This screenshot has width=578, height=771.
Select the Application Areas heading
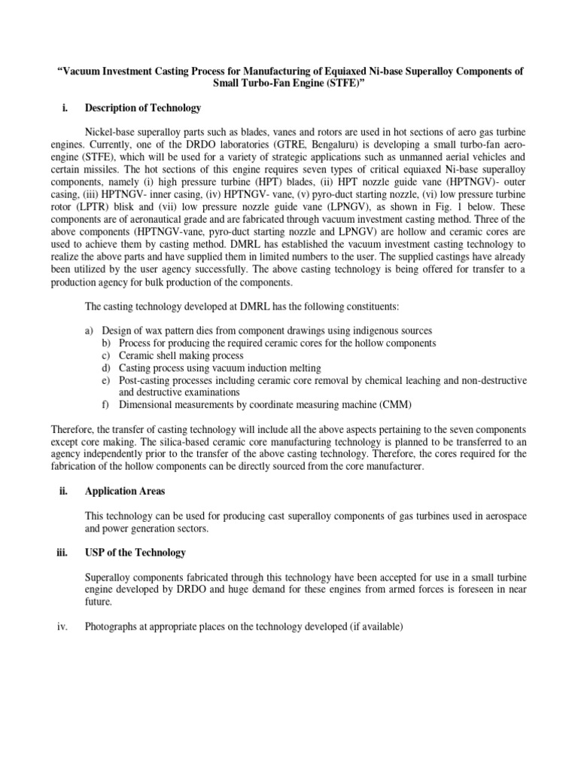(x=125, y=491)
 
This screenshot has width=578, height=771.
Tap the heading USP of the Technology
(x=135, y=553)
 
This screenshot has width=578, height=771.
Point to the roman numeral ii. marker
(x=63, y=491)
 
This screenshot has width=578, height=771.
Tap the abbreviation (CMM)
(x=395, y=404)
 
